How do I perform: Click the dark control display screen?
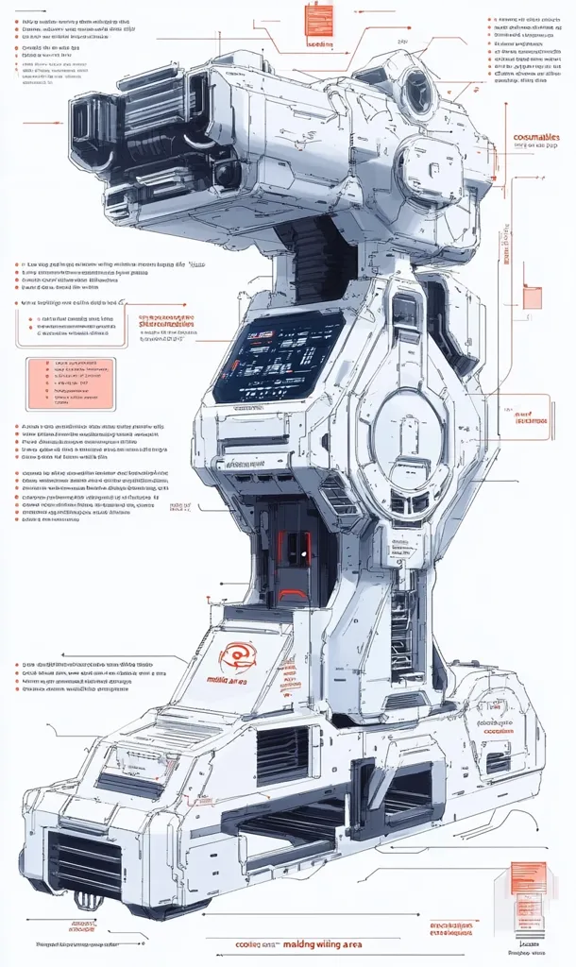[278, 358]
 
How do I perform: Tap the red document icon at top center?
[319, 20]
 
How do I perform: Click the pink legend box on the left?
[69, 383]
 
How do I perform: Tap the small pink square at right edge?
[533, 298]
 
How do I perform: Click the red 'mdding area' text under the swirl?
[227, 679]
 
